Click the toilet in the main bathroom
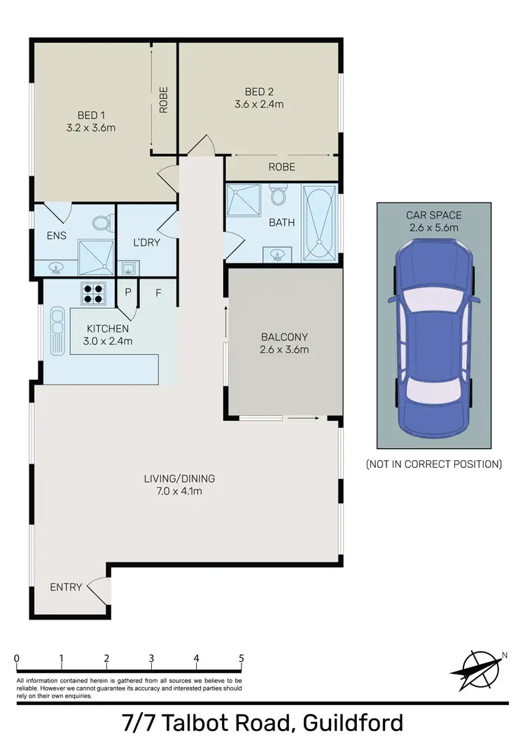[x=278, y=193]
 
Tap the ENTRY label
[x=66, y=587]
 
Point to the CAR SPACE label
[x=434, y=215]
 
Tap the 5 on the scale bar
[x=241, y=658]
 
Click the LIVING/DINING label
[x=179, y=479]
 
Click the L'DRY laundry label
[x=146, y=242]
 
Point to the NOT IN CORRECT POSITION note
[x=434, y=464]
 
